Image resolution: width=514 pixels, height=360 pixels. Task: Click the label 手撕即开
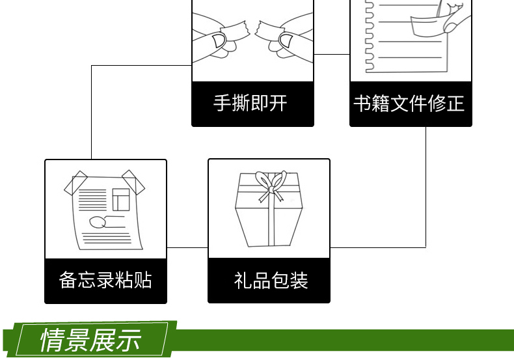250,103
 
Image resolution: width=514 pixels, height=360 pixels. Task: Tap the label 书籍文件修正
409,103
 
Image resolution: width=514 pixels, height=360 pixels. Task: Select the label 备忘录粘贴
105,280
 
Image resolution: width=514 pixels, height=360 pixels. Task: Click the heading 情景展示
90,340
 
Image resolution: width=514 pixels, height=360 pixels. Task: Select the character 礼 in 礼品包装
241,281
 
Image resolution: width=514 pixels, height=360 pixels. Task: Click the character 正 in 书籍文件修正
455,103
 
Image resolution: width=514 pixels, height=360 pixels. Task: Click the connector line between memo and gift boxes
187,247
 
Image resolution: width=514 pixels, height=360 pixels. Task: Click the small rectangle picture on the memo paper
120,199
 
